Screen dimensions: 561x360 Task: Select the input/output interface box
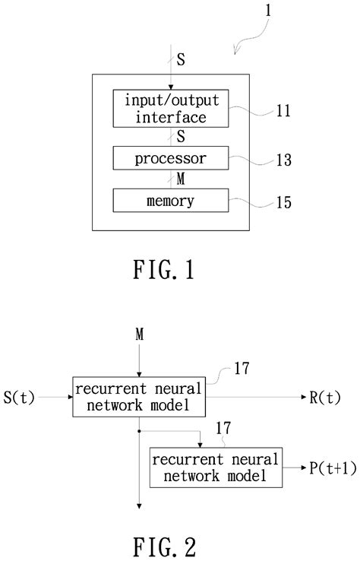[x=170, y=109]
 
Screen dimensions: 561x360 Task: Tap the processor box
[x=170, y=159]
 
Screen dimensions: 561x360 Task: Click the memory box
[x=170, y=201]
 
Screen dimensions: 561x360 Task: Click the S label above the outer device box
[x=179, y=59]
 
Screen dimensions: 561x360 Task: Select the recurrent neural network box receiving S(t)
[x=138, y=396]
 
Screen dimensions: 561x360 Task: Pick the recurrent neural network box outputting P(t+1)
[x=215, y=468]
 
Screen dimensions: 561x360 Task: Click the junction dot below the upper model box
[x=139, y=430]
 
